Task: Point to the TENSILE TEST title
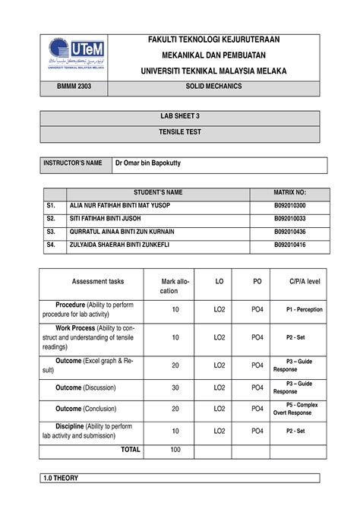point(179,131)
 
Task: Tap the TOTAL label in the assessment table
point(131,450)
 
